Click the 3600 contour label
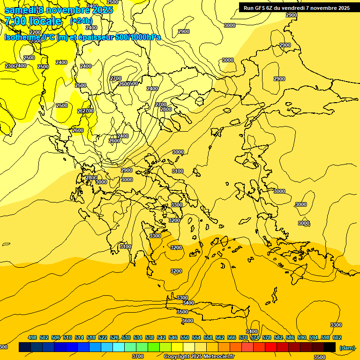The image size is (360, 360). pyautogui.click(x=187, y=321)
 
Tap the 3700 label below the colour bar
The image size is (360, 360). pyautogui.click(x=138, y=356)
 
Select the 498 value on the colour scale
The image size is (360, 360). pyautogui.click(x=32, y=337)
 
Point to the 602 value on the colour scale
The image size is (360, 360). pyautogui.click(x=337, y=337)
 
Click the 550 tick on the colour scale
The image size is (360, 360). pyautogui.click(x=185, y=337)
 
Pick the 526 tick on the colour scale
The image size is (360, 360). pyautogui.click(x=114, y=337)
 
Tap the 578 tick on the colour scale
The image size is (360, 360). pyautogui.click(x=267, y=337)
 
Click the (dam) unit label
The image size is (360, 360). pyautogui.click(x=347, y=347)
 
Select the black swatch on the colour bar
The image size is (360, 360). pyautogui.click(x=330, y=347)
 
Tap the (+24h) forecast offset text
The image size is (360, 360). pyautogui.click(x=81, y=21)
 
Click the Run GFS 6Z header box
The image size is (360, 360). pyautogui.click(x=297, y=7)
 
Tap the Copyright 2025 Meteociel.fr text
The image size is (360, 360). pyautogui.click(x=199, y=357)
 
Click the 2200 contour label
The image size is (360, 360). pyautogui.click(x=35, y=32)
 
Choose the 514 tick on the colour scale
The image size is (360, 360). pyautogui.click(x=79, y=337)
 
